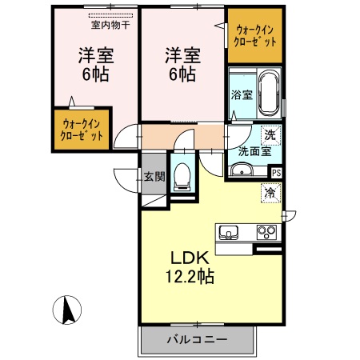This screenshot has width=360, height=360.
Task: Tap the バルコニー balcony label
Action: point(197,339)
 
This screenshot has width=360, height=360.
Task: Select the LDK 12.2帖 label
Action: point(190,268)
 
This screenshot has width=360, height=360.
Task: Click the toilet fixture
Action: point(182,174)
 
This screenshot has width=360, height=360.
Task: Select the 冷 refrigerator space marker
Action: point(270,192)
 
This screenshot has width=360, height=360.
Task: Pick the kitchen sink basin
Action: point(229,233)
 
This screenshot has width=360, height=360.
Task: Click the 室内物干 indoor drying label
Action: point(112,26)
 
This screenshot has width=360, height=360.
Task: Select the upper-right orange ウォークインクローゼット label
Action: point(255,35)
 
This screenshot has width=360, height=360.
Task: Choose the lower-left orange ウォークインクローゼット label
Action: point(82,130)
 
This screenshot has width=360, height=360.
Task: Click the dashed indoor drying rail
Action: point(112,15)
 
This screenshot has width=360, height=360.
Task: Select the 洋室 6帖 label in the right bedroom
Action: point(182,65)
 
